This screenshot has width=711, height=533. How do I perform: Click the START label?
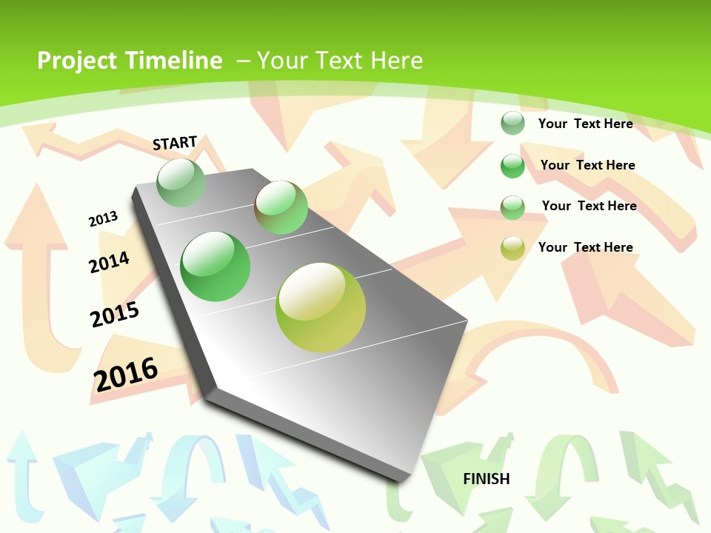click(x=175, y=143)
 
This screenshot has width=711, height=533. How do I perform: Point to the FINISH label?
click(x=487, y=479)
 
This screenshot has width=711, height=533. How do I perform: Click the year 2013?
click(x=103, y=219)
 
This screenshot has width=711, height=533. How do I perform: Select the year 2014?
click(x=109, y=262)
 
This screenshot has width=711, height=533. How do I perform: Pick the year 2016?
click(x=126, y=374)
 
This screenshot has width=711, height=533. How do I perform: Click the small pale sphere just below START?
click(x=181, y=182)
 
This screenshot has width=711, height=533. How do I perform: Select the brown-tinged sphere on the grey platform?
click(x=281, y=207)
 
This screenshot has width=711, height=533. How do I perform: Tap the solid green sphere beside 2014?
click(x=216, y=266)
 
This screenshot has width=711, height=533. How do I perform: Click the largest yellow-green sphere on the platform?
click(x=321, y=307)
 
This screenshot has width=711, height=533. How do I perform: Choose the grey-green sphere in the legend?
click(x=513, y=123)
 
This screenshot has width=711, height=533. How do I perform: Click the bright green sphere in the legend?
click(x=513, y=166)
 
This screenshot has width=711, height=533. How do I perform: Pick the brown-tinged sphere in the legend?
click(x=513, y=207)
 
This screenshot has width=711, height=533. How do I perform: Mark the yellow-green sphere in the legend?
click(x=513, y=248)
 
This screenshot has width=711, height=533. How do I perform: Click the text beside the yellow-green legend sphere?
click(x=585, y=247)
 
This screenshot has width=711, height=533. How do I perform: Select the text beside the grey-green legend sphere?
click(x=585, y=124)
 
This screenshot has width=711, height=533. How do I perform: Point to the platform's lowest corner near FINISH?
click(x=400, y=480)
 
